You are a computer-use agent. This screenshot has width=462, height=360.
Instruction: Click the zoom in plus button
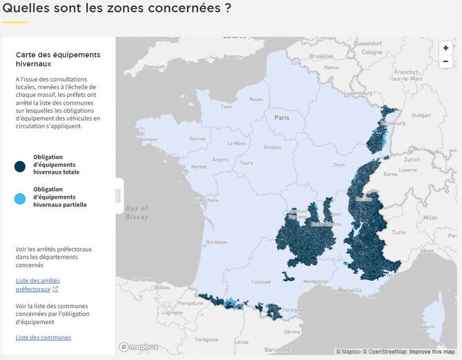point(445,48)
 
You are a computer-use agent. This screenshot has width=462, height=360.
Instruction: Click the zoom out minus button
point(445,61)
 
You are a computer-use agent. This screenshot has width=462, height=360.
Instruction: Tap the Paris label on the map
point(282,118)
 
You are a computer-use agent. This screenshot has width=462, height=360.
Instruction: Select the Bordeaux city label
point(216,242)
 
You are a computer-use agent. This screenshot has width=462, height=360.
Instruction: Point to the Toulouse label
point(261,282)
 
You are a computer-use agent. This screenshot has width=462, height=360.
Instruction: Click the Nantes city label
point(199,166)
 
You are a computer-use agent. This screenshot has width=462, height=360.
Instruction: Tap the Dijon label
point(339,165)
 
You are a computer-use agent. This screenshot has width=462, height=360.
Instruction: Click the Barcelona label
point(277,350)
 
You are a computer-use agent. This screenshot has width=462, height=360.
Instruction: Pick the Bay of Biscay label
point(137,212)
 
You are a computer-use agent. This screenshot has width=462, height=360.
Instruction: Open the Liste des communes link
point(43,337)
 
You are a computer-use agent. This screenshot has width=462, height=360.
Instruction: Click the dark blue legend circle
point(19,165)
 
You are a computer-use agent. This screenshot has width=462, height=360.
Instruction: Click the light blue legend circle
point(19,197)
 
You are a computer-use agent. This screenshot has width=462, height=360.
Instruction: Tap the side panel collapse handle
point(118,196)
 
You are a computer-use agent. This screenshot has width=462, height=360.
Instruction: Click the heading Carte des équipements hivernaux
point(57,59)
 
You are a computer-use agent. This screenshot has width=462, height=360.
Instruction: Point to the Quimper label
point(148,138)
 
